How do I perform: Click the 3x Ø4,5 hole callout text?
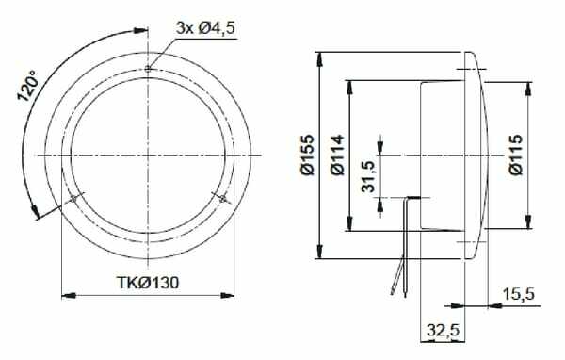pos(205,28)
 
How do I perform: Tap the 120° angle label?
pos(27,86)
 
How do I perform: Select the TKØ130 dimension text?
pos(148,283)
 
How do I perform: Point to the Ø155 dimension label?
pos(307,155)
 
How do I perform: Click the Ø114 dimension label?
pos(338,155)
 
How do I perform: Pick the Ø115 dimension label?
pos(516,155)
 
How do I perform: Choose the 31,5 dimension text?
pos(368,177)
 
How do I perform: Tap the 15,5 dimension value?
pos(519,294)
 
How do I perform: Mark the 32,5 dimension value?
pos(444,330)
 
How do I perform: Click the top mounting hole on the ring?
pos(148,69)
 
